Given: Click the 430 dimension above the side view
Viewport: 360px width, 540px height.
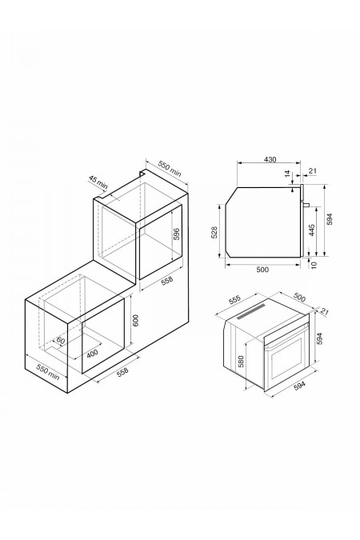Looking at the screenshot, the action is [270, 159].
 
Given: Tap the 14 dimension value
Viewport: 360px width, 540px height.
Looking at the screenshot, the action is [288, 174].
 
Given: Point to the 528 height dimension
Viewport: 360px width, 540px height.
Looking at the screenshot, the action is [214, 233].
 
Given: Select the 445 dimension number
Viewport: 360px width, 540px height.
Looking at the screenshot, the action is [311, 230].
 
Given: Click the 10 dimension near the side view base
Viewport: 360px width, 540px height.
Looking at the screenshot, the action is [314, 265].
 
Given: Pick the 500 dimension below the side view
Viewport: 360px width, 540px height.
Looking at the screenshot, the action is [262, 270].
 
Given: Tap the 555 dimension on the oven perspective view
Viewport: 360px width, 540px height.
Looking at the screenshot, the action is [234, 299].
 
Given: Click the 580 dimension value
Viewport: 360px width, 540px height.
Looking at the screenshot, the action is [241, 362].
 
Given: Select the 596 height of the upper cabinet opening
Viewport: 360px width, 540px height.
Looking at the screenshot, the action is [176, 234].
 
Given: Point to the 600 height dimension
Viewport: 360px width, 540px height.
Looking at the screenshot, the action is [135, 321].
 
